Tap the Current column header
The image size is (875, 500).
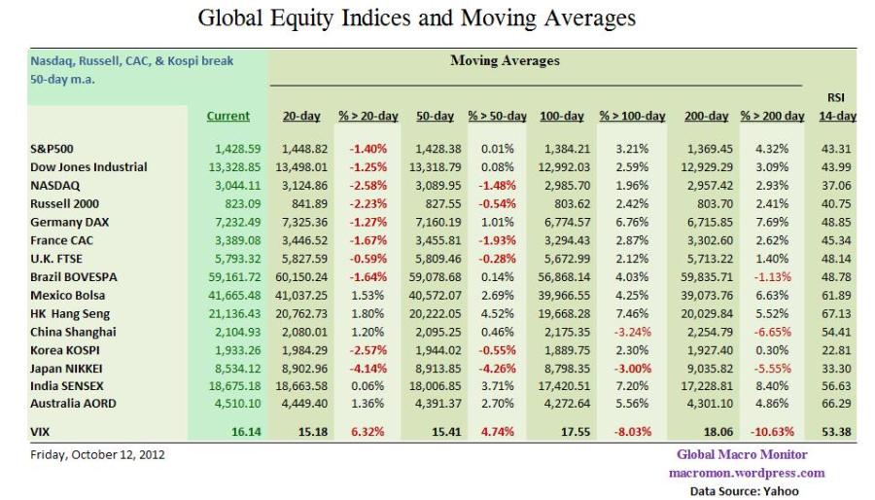pyautogui.click(x=228, y=117)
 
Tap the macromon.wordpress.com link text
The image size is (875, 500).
pyautogui.click(x=747, y=473)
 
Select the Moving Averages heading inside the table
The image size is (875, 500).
pyautogui.click(x=505, y=61)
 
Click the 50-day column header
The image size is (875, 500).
pyautogui.click(x=435, y=117)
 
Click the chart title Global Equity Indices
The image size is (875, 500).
pyautogui.click(x=417, y=18)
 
